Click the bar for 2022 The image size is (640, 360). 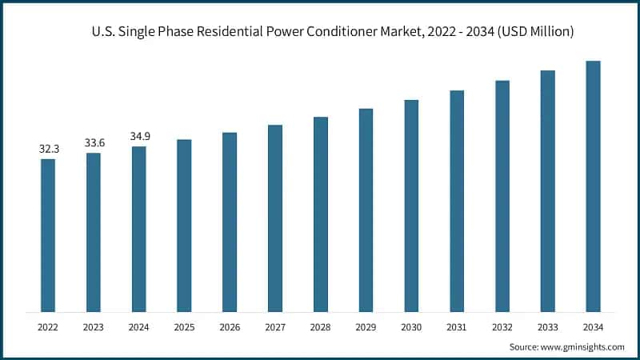[x=48, y=235]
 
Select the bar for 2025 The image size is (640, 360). [x=184, y=226]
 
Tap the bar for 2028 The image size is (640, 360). [x=320, y=214]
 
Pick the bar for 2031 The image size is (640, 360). [x=457, y=201]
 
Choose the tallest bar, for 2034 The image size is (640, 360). [x=593, y=186]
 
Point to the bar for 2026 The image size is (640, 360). [x=230, y=222]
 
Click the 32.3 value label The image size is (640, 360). [x=48, y=149]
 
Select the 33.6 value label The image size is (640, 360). [x=94, y=142]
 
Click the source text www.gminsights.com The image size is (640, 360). [x=582, y=346]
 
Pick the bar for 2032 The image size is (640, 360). [x=502, y=196]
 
